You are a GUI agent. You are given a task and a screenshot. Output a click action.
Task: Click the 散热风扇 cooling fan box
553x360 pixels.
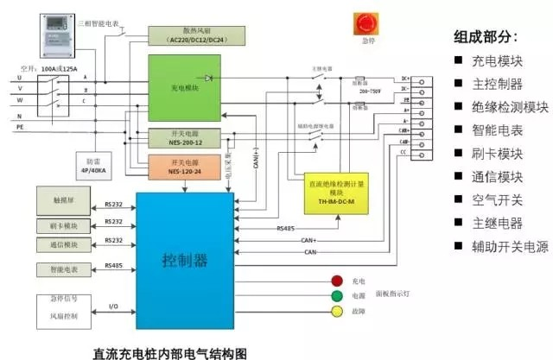(198, 35)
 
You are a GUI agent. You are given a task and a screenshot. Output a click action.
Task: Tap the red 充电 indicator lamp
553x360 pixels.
(337, 281)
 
